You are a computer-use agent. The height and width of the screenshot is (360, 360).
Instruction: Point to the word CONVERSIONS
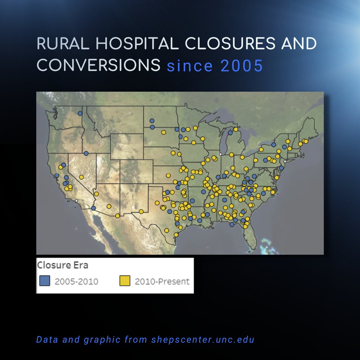point(99,65)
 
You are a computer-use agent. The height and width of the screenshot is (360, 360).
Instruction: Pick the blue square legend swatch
point(44,281)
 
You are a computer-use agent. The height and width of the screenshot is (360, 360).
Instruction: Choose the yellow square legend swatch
point(124,281)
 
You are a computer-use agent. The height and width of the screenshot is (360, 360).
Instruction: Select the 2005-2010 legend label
point(76,281)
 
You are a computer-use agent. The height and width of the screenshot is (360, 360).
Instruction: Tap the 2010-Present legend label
point(162,281)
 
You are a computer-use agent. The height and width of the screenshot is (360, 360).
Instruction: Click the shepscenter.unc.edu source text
point(203,340)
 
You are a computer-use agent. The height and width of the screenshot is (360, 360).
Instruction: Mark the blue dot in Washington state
point(80,113)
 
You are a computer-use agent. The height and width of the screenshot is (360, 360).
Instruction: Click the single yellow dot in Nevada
point(81,177)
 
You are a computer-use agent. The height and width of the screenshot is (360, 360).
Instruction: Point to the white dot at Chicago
point(220,154)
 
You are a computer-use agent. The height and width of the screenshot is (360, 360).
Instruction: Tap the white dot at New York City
point(285,161)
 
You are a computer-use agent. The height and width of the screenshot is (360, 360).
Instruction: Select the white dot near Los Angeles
point(76,201)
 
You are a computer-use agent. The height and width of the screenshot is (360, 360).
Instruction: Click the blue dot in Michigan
point(230,133)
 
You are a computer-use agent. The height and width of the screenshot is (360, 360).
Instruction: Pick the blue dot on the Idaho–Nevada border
point(86,153)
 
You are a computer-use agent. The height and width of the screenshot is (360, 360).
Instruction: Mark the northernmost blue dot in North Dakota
point(152,121)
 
